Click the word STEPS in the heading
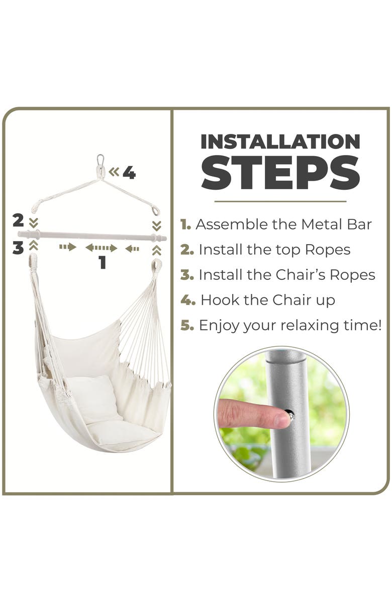tap(280, 173)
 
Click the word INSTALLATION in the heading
tap(280, 141)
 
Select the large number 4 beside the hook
tap(129, 173)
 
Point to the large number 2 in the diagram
tap(18, 220)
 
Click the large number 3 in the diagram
tap(18, 248)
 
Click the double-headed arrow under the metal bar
tap(101, 248)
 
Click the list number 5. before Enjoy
tap(187, 326)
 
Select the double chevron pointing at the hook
tap(114, 172)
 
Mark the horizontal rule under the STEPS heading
tap(280, 201)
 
